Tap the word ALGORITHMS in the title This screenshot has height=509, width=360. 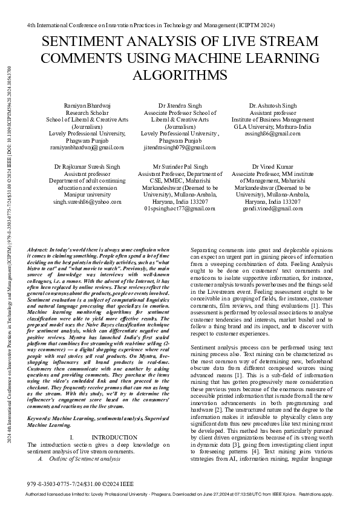point(180,75)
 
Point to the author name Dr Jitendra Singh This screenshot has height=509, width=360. point(180,106)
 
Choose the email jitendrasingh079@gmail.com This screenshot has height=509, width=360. point(180,147)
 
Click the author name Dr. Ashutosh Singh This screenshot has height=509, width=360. point(273,106)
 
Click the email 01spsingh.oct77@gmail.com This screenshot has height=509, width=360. point(180,208)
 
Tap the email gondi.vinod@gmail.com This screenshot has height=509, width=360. point(273,208)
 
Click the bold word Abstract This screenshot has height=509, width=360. point(41,250)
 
